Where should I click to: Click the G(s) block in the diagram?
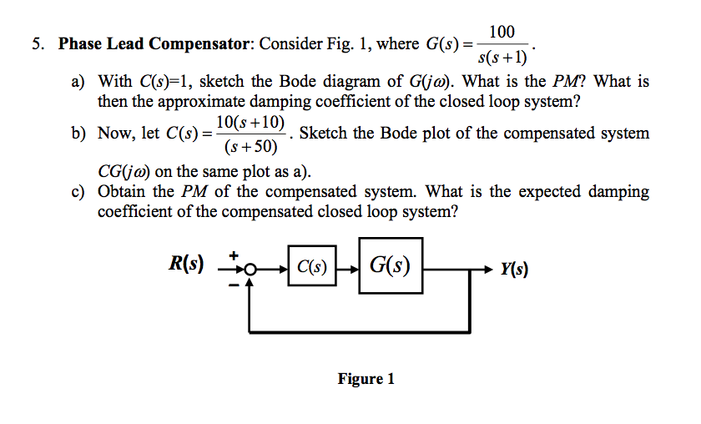(391, 267)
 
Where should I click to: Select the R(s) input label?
(187, 265)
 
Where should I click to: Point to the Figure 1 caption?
(366, 379)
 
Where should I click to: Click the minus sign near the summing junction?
(235, 285)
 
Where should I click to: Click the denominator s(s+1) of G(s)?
(502, 58)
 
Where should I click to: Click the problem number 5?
(38, 43)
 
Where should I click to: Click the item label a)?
(78, 82)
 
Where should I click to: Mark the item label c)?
(78, 192)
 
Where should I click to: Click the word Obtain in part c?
(123, 192)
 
